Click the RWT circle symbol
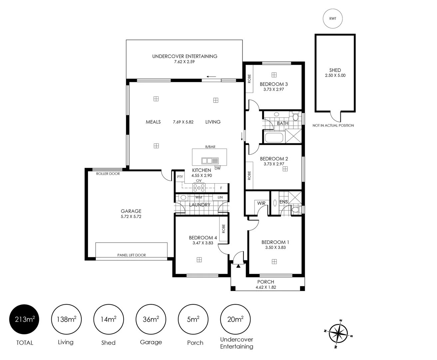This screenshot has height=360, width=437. tap(332, 19)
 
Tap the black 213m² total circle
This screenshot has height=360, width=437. tap(25, 319)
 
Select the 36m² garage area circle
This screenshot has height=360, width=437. tap(151, 319)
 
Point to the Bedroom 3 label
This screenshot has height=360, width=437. tap(273, 84)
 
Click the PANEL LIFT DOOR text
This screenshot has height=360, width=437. tap(132, 255)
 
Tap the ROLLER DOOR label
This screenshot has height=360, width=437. tap(108, 174)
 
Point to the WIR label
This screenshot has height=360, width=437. tap(261, 203)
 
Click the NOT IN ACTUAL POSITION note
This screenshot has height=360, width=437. tap(333, 126)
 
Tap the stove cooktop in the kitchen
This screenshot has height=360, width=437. tap(199, 188)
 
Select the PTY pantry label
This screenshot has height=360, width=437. tap(180, 177)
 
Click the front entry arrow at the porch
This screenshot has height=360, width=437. tap(238, 266)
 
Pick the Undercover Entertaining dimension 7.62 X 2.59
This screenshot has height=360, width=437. tap(185, 62)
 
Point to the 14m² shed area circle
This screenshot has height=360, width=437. tap(108, 319)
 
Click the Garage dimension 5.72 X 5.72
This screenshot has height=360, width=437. tap(131, 216)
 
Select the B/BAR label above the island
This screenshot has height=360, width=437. tap(210, 147)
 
